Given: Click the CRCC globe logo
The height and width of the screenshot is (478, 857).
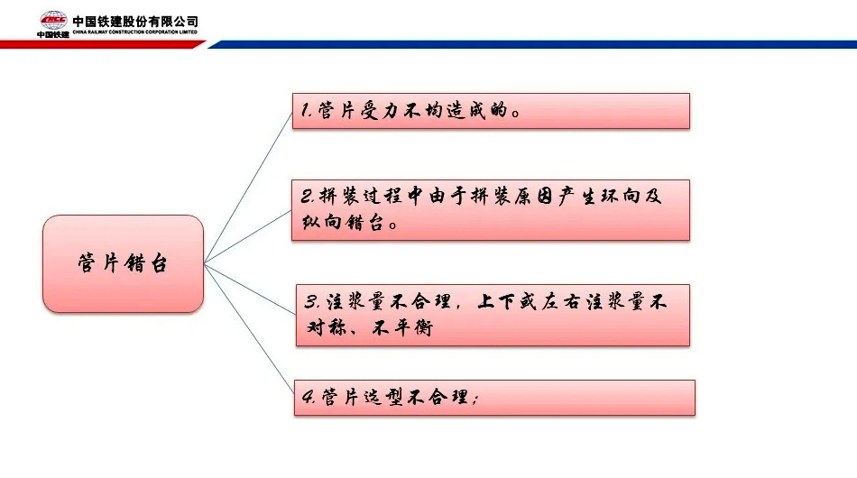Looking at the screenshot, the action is [53, 20].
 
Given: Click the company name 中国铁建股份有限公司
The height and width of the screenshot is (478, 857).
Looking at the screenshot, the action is [135, 22].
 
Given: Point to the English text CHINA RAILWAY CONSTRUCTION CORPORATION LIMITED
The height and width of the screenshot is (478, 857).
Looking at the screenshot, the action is [135, 32].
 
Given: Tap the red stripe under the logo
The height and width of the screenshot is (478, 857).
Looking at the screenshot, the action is [102, 44].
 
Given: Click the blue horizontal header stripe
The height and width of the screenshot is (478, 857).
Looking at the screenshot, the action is [532, 44].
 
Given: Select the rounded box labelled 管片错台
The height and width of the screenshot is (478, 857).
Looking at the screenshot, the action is [123, 264].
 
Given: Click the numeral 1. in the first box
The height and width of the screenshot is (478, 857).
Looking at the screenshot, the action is [307, 110].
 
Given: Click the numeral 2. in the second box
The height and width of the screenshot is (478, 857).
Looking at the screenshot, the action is [308, 196].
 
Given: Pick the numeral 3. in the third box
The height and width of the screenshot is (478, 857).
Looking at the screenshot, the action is [312, 301].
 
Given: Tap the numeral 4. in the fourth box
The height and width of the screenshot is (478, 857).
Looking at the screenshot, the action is [309, 397].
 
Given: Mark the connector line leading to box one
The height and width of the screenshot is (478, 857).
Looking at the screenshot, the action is [248, 188].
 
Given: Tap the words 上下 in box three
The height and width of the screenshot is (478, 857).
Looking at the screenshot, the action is [496, 301].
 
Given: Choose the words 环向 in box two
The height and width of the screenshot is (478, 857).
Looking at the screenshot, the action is [621, 196].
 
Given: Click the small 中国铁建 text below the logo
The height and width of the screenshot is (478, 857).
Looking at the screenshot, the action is [53, 34].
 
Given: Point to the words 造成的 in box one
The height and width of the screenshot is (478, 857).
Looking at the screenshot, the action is [478, 110].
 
